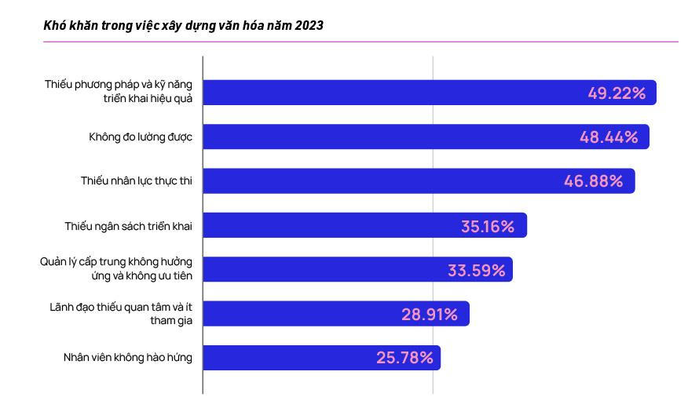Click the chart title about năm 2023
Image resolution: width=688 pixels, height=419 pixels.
pos(183,26)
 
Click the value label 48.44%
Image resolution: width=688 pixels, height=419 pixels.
pos(608,137)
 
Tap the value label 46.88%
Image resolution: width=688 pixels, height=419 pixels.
pos(593,181)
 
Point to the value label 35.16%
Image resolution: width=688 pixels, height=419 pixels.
pos(487,226)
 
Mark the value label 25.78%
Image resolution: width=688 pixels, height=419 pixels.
pos(404,358)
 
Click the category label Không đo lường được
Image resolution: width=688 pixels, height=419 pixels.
pos(140,137)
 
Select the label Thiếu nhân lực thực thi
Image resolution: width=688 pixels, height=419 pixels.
pos(136,181)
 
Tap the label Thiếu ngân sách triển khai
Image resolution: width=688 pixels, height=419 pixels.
pos(128,226)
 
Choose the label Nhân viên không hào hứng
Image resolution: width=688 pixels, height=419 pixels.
pos(127,358)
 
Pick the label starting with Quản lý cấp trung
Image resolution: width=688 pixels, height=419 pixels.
pos(115,269)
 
